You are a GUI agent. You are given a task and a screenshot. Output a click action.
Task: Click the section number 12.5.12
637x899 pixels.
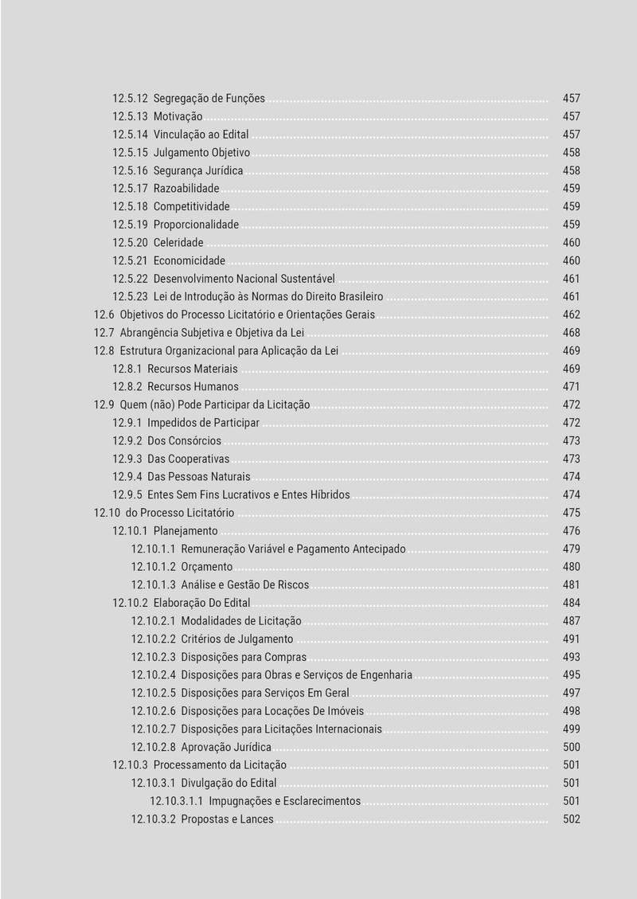[x=130, y=99]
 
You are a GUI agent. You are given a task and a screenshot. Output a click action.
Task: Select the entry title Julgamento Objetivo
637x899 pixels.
[x=201, y=153]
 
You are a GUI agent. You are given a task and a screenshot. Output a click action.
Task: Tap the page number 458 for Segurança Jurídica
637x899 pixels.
[x=571, y=171]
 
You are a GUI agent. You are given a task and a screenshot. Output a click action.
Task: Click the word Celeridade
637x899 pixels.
[x=178, y=243]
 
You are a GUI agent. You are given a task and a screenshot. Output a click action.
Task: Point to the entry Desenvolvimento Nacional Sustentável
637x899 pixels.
[x=244, y=279]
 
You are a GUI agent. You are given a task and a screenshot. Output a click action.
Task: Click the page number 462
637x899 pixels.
[x=571, y=315]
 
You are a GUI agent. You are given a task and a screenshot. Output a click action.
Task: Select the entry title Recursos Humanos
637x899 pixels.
[x=193, y=387]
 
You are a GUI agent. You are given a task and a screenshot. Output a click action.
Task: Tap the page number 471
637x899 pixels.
[x=571, y=387]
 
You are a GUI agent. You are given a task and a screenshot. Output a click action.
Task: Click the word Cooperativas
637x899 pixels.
[x=198, y=459]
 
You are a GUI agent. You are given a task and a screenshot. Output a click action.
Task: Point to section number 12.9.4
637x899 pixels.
[x=127, y=477]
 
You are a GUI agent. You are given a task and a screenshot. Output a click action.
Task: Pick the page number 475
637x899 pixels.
[x=571, y=513]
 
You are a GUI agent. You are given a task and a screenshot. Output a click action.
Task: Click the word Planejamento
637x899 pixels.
[x=186, y=531]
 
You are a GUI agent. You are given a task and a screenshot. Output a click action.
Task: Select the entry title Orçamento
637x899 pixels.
[x=207, y=567]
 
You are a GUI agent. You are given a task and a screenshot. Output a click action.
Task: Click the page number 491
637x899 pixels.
[x=571, y=639]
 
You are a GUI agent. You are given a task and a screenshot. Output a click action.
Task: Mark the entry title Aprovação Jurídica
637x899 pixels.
[x=226, y=747]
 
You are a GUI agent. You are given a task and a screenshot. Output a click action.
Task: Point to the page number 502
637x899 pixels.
[x=571, y=819]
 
